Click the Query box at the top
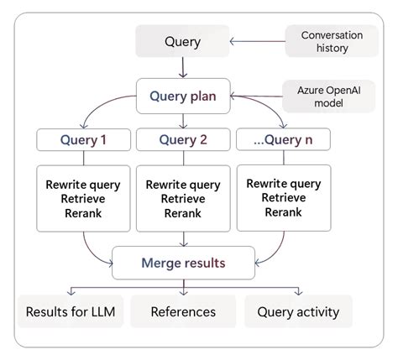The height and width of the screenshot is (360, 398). pyautogui.click(x=182, y=41)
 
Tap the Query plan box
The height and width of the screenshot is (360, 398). pyautogui.click(x=182, y=96)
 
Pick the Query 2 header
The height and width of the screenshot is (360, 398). pyautogui.click(x=182, y=139)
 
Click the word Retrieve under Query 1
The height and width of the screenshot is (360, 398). pyautogui.click(x=82, y=199)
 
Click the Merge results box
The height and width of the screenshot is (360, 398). pyautogui.click(x=182, y=263)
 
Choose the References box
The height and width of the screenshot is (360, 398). pyautogui.click(x=183, y=311)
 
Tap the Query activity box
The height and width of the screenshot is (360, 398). pyautogui.click(x=298, y=311)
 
